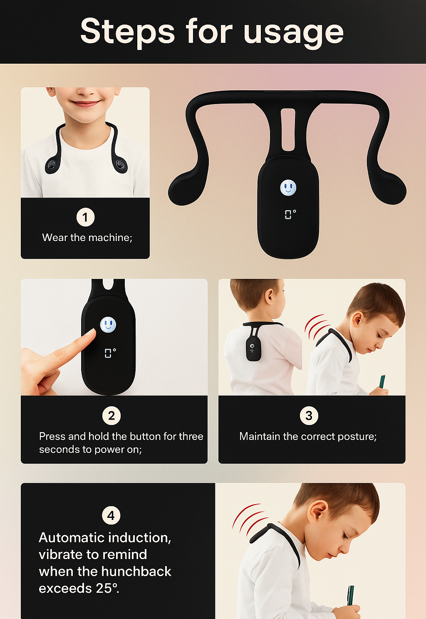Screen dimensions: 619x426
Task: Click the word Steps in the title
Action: [127, 32]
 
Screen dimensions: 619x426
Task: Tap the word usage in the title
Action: [294, 32]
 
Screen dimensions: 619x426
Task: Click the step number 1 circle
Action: [85, 217]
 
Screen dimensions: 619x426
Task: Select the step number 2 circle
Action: [111, 415]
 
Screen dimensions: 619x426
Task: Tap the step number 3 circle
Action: [309, 415]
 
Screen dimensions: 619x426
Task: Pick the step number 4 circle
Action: [111, 515]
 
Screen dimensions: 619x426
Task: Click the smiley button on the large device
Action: [288, 188]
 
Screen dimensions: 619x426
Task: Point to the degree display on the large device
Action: [290, 214]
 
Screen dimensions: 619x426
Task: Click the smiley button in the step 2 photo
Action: [108, 324]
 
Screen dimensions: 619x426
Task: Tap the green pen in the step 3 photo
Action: [382, 382]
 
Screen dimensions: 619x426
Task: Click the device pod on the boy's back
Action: [253, 349]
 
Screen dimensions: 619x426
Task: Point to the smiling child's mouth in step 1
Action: [86, 103]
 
